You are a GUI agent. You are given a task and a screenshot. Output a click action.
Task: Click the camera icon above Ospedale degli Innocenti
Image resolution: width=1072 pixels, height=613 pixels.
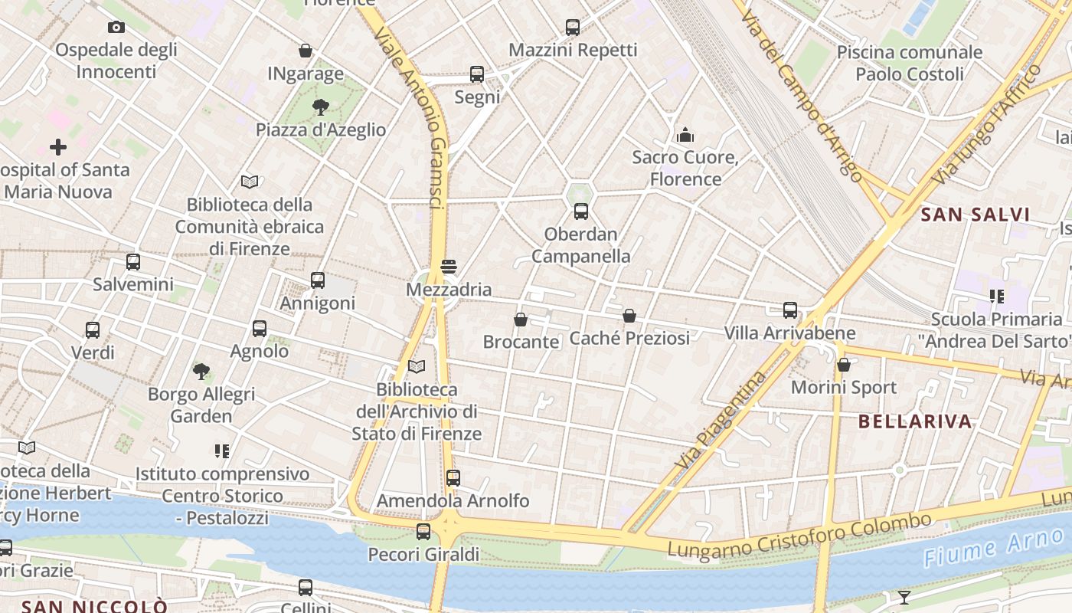coord(116,28)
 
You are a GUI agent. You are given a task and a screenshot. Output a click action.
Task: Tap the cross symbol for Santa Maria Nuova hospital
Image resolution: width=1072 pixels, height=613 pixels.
coord(58,146)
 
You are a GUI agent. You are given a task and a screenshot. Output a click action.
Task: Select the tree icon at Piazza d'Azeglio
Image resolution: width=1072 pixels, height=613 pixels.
coord(321,107)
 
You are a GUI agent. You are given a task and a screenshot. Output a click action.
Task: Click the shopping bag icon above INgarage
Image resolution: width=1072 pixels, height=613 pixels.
coord(306,51)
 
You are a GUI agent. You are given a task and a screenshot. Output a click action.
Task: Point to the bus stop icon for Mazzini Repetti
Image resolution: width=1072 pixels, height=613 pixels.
coord(573,28)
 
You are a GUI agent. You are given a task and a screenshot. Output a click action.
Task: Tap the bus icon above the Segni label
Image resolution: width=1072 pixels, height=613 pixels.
coord(477,74)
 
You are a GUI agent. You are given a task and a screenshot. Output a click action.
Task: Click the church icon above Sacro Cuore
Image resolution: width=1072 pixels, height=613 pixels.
coord(685,135)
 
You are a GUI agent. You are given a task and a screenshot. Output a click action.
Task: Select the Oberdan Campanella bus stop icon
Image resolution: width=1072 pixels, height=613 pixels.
coord(581,211)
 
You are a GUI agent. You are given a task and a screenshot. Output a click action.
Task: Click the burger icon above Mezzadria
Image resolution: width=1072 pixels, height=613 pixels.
coord(449,267)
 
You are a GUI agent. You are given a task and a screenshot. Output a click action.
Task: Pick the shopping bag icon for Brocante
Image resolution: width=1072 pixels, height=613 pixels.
coord(521,319)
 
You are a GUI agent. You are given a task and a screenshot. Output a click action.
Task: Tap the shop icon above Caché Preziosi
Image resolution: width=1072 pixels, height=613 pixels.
coord(629,315)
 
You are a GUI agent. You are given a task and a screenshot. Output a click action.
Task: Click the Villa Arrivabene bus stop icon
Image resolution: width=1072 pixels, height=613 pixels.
coord(790,310)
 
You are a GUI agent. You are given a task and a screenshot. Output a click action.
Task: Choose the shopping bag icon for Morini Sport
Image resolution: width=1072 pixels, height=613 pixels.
coord(844,365)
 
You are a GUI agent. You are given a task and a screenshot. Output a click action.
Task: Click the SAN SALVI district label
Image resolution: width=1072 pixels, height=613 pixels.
coord(976,215)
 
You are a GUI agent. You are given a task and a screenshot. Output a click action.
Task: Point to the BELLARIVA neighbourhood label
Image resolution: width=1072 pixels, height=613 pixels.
coord(915,421)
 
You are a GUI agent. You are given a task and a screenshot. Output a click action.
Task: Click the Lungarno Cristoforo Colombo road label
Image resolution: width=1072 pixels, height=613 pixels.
coord(799,536)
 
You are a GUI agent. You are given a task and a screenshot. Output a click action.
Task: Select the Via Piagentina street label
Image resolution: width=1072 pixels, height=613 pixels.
coord(721,421)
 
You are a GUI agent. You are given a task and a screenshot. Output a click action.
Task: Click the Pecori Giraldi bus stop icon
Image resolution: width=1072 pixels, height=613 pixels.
coord(423,532)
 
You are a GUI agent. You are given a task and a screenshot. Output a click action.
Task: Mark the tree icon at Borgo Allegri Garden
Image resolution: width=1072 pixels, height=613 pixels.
coord(201,372)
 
